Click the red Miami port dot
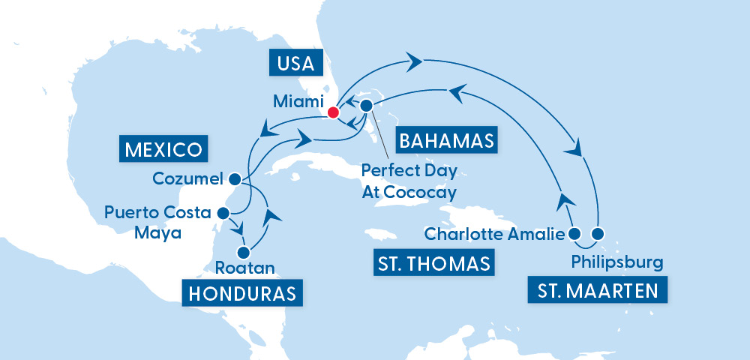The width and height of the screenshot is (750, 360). point(333,113)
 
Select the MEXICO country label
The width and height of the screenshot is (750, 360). point(162,148)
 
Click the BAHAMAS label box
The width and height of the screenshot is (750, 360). point(445,140)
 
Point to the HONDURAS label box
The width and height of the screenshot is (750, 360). point(241,292)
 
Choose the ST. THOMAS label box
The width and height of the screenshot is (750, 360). point(433,263)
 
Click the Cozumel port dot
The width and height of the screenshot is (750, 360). point(234,179)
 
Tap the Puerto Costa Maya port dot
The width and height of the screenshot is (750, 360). point(222,213)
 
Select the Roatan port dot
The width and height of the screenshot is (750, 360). point(242,253)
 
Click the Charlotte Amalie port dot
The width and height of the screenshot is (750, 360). point(574,234)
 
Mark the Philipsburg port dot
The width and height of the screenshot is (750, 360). point(598,234)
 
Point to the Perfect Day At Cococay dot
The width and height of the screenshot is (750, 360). point(367,106)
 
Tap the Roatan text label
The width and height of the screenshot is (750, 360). point(244,268)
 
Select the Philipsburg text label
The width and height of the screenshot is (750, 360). point(616,262)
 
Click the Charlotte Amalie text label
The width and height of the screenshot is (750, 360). point(494,234)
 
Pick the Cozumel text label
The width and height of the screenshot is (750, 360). point(187,179)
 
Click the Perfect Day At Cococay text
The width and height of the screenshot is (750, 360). point(409,181)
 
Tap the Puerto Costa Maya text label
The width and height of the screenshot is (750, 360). point(158,223)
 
